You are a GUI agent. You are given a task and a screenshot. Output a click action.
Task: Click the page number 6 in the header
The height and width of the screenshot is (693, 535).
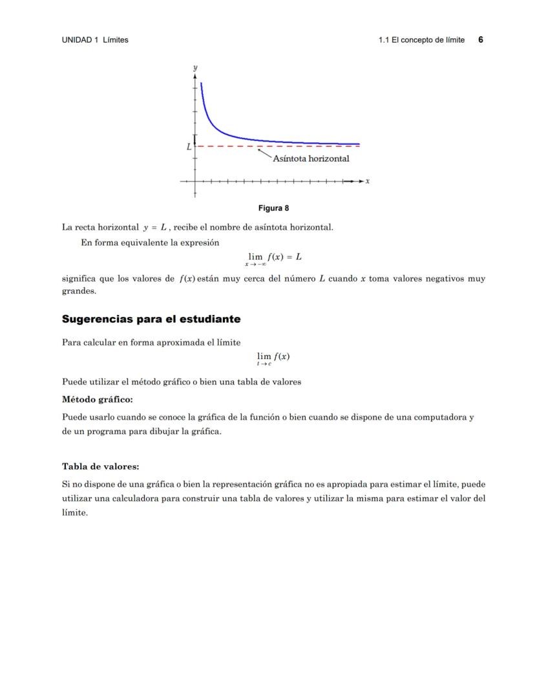pyautogui.click(x=481, y=39)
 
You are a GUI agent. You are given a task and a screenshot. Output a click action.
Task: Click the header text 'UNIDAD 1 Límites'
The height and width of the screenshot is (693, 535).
pyautogui.click(x=95, y=40)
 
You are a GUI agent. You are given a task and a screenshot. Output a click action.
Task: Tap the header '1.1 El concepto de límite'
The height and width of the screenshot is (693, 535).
pyautogui.click(x=421, y=40)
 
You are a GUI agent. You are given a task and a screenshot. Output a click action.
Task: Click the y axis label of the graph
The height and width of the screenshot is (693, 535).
pyautogui.click(x=195, y=67)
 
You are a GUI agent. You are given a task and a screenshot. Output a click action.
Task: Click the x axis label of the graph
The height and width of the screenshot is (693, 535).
pyautogui.click(x=368, y=181)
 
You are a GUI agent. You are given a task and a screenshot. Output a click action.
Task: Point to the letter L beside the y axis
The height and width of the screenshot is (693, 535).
pyautogui.click(x=189, y=147)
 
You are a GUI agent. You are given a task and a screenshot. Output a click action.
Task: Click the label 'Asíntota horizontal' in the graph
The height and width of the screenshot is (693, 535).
pyautogui.click(x=311, y=159)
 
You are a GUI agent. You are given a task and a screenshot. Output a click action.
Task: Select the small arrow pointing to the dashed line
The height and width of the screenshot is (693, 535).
pyautogui.click(x=264, y=152)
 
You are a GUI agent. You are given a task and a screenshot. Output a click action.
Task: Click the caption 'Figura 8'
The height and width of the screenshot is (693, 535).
pyautogui.click(x=273, y=208)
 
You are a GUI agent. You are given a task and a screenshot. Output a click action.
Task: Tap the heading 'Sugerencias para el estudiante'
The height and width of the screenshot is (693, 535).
pyautogui.click(x=151, y=319)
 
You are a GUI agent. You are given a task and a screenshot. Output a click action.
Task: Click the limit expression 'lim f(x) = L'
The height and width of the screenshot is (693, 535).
pyautogui.click(x=274, y=257)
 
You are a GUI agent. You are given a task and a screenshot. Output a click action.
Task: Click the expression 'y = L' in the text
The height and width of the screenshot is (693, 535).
pyautogui.click(x=155, y=227)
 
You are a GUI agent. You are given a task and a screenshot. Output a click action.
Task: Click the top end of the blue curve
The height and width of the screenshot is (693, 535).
pyautogui.click(x=202, y=83)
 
